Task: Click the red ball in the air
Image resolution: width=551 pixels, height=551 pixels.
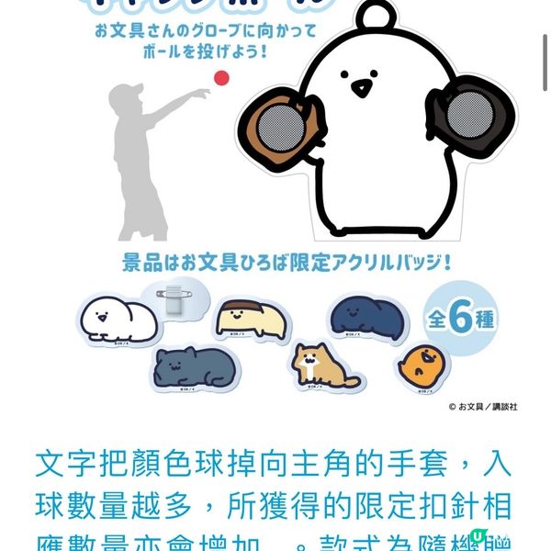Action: (220, 78)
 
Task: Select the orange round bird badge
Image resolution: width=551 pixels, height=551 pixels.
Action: (424, 366)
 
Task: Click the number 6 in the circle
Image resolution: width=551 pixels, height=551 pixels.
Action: (461, 319)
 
